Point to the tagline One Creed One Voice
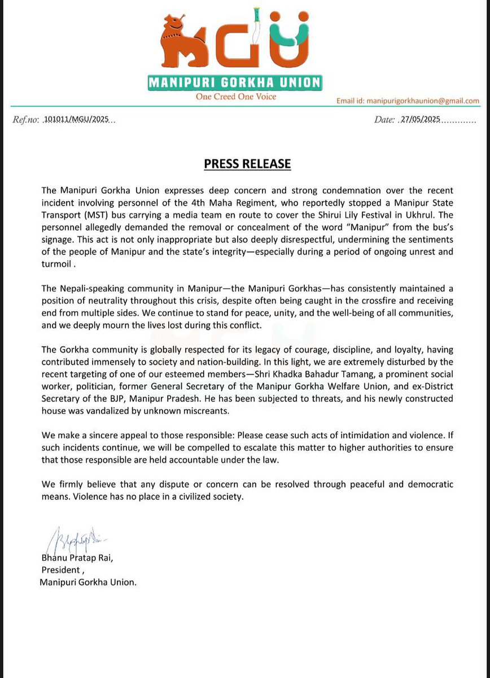pyautogui.click(x=236, y=97)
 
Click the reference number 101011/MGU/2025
pyautogui.click(x=78, y=120)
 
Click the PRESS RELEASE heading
pyautogui.click(x=247, y=164)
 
